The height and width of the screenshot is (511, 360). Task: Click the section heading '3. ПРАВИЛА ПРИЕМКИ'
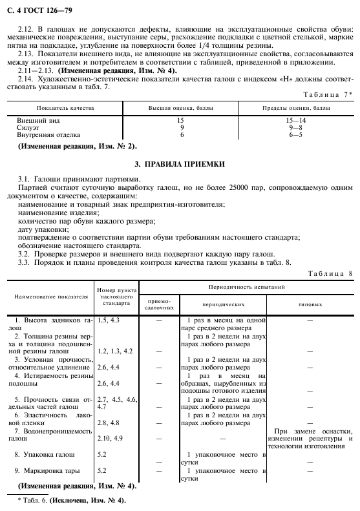[180, 165]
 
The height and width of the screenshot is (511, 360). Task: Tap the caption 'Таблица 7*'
[328, 94]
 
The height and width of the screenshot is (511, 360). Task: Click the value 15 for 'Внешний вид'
[182, 120]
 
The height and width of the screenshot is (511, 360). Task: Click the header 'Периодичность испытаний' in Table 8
[248, 286]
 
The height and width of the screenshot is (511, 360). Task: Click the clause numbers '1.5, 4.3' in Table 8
[108, 320]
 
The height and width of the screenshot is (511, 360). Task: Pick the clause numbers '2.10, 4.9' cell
[109, 438]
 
